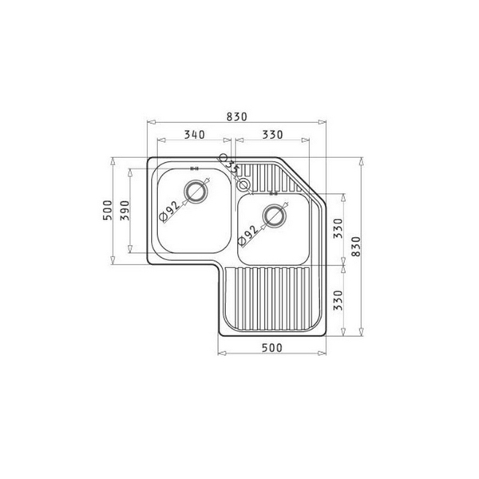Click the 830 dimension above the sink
coord(236,116)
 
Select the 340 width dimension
coord(192,135)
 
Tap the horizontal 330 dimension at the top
coord(274,135)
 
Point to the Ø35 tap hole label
coord(231,164)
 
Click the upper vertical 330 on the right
coord(337,229)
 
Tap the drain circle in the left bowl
coord(195,191)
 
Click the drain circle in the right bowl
coord(275,214)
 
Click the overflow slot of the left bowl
coord(195,168)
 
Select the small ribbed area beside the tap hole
coord(263,173)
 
